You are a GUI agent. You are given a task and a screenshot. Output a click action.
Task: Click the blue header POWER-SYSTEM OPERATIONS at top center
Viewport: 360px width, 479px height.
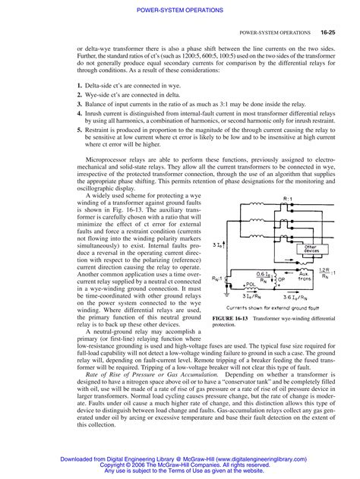point(179,9)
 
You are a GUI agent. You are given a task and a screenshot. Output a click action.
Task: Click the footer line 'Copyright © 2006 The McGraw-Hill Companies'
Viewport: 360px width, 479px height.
point(180,462)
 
